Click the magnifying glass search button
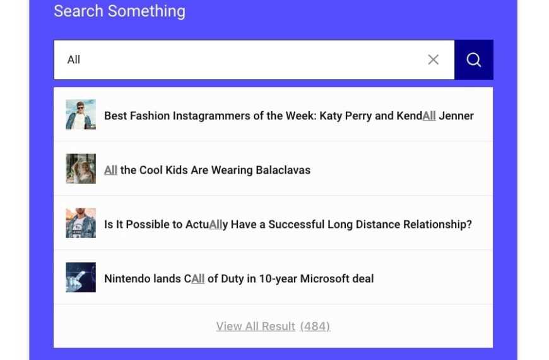pyautogui.click(x=474, y=59)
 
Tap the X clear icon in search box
pyautogui.click(x=433, y=59)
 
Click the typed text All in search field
pyautogui.click(x=74, y=59)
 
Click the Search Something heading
pyautogui.click(x=119, y=11)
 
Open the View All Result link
pyautogui.click(x=256, y=326)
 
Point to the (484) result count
pyautogui.click(x=315, y=326)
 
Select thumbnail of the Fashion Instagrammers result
pyautogui.click(x=81, y=114)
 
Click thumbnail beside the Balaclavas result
pyautogui.click(x=81, y=169)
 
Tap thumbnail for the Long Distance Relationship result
pyautogui.click(x=81, y=223)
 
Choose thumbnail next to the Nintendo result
pyautogui.click(x=81, y=277)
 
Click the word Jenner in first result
pyautogui.click(x=456, y=116)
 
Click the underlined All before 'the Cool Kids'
pyautogui.click(x=110, y=170)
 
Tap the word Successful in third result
pyautogui.click(x=297, y=224)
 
